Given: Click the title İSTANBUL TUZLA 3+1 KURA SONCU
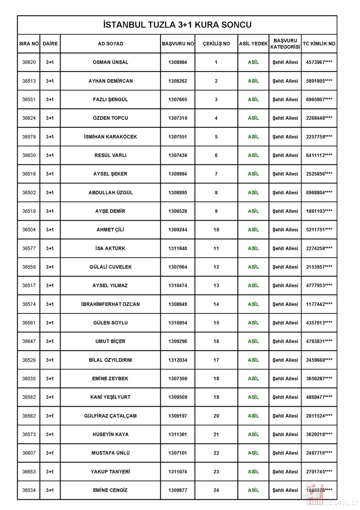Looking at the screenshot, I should point(177,25).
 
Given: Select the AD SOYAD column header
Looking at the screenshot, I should point(110,44).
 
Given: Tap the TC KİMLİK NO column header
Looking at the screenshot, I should point(319,44).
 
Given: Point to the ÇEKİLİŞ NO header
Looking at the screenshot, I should point(216,44).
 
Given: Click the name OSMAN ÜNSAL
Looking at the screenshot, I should point(110,62).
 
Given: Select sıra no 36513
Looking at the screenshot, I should point(29,81).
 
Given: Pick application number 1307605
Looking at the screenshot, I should point(178,100).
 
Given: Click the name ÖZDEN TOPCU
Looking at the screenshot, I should point(110,118).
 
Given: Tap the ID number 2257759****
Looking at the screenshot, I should point(319,137).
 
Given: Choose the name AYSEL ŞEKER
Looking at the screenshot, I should point(110,174).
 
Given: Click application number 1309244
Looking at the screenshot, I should point(178,230).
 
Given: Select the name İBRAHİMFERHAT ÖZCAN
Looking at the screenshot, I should point(110,304).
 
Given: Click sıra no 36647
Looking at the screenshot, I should point(29,341).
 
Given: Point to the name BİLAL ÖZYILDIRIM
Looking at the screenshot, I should point(110,360).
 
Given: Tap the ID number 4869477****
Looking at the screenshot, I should point(319,397).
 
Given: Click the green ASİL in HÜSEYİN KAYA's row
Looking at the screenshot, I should point(253,434).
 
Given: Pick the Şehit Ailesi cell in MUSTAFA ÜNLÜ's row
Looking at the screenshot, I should point(285,453).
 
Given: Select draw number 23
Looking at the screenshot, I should point(216,472).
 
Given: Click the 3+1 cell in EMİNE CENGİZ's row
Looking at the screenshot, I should point(50,490).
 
